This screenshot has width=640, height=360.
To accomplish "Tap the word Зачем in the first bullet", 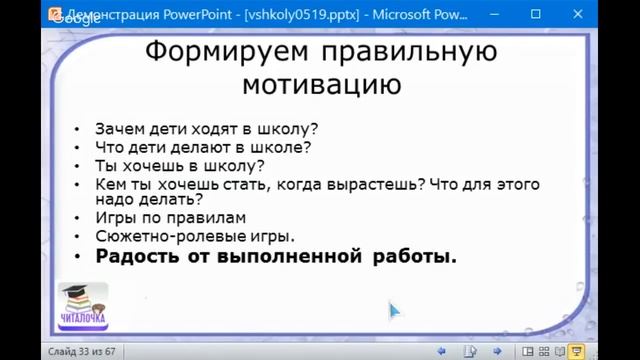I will point(117,129).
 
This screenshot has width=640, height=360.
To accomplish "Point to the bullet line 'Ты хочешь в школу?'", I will point(179,166).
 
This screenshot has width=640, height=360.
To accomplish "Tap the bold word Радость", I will point(139,257).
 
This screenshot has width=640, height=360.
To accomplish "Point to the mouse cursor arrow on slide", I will point(394,310).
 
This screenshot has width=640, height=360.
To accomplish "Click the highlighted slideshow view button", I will point(577,351).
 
